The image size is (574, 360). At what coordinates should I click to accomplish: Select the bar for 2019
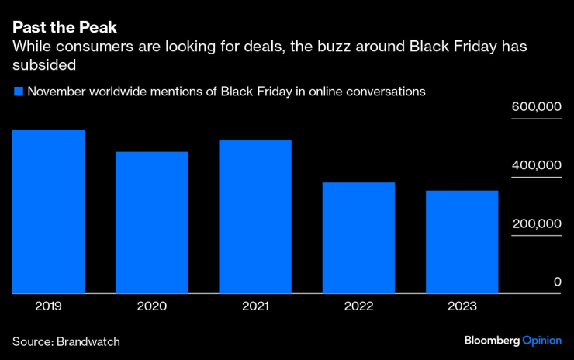point(48,212)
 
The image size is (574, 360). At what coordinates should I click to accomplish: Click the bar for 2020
point(152,223)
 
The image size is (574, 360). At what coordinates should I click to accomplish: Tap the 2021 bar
point(255,217)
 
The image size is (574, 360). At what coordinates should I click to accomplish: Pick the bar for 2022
point(358,238)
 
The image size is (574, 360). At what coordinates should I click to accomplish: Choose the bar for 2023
point(462,242)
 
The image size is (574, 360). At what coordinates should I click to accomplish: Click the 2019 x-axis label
point(48,306)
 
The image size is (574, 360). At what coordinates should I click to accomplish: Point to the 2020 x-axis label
point(152,306)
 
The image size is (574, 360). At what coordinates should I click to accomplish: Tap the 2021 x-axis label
point(255,306)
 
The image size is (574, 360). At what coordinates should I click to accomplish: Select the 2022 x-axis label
point(358,306)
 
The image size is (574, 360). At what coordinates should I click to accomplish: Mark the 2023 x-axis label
point(462,306)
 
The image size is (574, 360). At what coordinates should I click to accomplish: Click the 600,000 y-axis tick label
point(536,108)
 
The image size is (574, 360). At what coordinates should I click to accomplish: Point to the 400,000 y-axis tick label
point(536,166)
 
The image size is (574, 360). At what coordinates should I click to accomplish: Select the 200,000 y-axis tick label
point(536,223)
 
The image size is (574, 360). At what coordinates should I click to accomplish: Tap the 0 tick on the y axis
point(557,282)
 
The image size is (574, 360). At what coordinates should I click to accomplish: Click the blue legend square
point(18,92)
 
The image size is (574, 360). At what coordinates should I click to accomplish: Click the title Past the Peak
point(64,27)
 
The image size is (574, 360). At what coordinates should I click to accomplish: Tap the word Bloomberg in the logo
point(492,341)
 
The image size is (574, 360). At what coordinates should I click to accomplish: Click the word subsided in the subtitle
point(49,66)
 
